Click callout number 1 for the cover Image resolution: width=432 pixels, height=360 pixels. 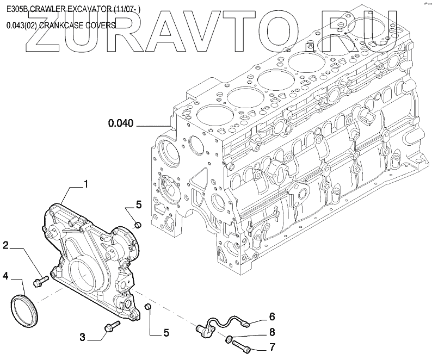point(85,185)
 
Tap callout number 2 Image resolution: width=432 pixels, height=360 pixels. point(5,246)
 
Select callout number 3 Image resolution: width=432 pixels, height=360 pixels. point(83,338)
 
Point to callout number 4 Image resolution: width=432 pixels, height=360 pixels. point(5,276)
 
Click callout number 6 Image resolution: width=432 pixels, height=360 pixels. point(271,315)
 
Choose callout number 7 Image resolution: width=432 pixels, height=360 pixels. point(271,347)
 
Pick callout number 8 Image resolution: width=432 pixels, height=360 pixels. point(271,331)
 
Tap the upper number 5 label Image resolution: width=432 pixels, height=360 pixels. point(139,205)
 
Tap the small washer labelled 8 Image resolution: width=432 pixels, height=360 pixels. point(230,340)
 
